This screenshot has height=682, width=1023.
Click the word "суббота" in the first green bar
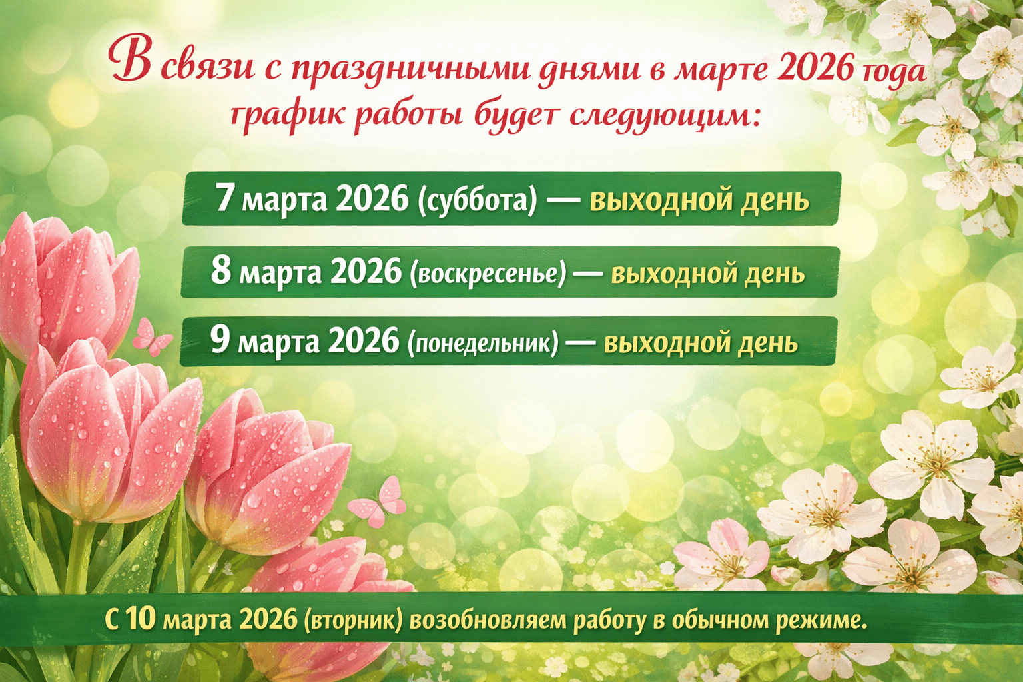click(x=477, y=200)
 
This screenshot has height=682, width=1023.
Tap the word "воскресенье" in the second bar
click(x=488, y=274)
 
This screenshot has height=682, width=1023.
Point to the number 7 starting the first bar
click(x=224, y=198)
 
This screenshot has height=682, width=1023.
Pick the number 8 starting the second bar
click(x=221, y=271)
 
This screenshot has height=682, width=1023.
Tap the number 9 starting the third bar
click(x=220, y=340)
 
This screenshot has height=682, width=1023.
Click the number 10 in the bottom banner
click(x=141, y=619)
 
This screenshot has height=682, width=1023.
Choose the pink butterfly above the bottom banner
click(x=378, y=502)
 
